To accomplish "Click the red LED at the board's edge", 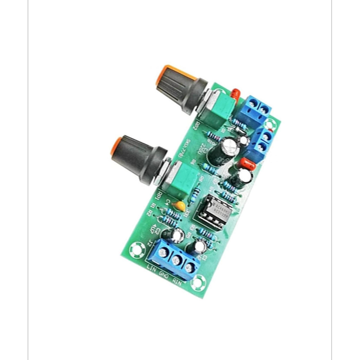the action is click(235, 94).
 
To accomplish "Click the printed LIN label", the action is click(152, 270).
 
